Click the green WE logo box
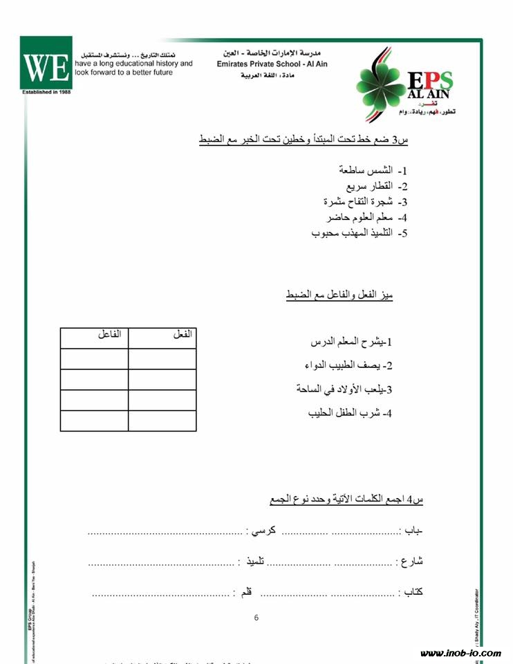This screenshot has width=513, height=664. (46, 63)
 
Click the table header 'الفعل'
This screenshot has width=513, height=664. (182, 335)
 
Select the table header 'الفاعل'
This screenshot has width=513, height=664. (109, 335)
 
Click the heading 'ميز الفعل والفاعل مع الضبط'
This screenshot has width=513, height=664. (339, 295)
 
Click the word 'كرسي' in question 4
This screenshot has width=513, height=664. (262, 531)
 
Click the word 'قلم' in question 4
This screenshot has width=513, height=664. (245, 592)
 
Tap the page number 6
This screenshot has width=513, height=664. (256, 618)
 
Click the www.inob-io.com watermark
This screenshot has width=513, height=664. (460, 653)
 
